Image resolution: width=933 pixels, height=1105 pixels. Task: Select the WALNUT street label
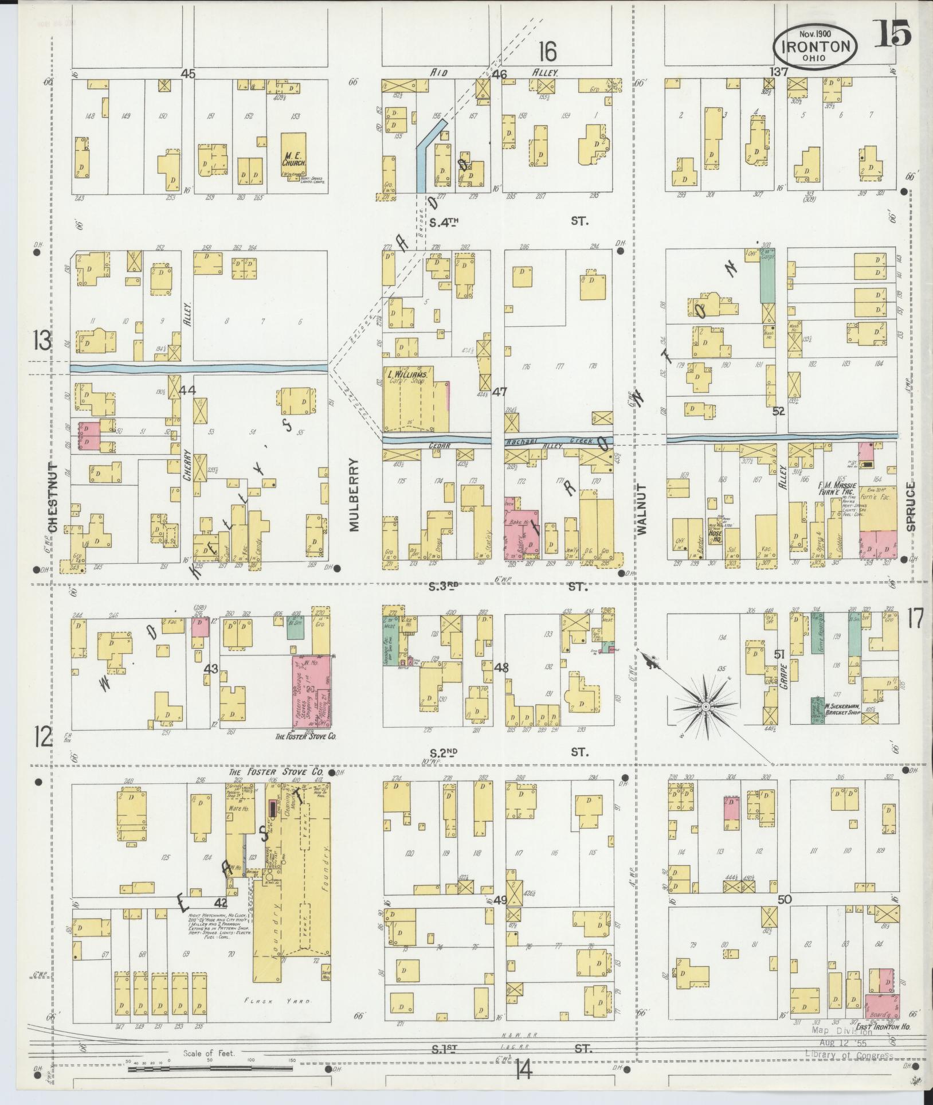641,509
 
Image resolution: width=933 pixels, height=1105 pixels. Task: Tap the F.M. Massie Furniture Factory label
837,488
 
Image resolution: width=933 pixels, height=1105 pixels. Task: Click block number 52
777,411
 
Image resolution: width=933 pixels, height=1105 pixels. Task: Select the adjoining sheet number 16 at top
547,52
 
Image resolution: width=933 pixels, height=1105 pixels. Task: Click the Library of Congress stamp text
849,1055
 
